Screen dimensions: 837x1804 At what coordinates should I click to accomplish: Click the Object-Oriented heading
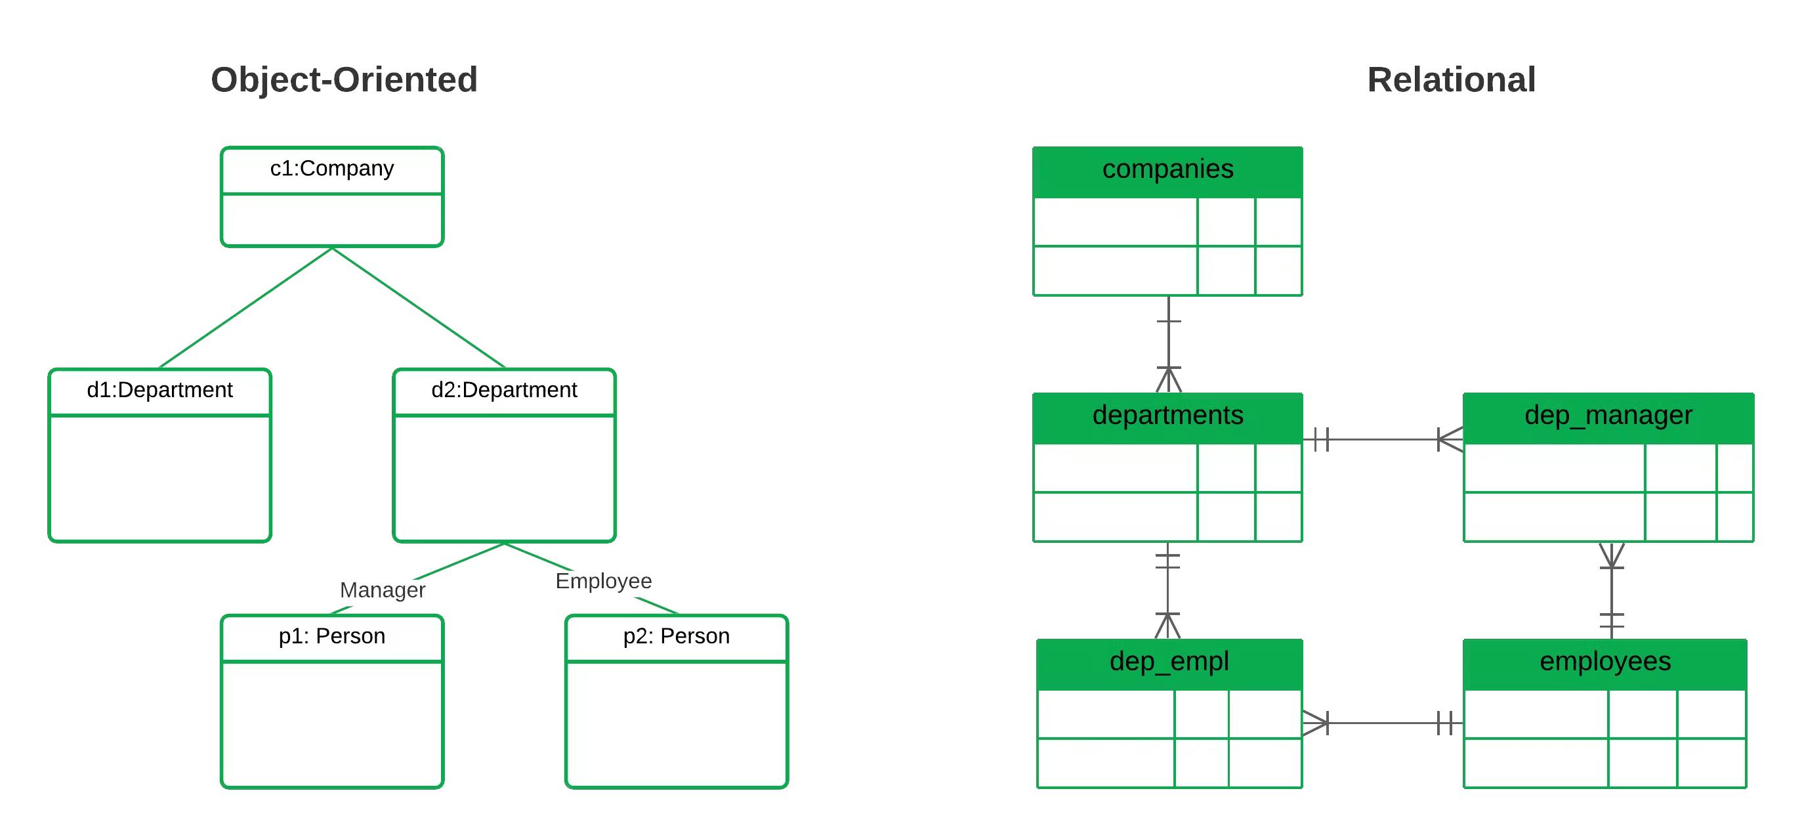pyautogui.click(x=344, y=80)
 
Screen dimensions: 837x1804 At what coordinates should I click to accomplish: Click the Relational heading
pyautogui.click(x=1451, y=80)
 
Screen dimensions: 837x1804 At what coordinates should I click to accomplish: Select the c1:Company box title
pyautogui.click(x=332, y=169)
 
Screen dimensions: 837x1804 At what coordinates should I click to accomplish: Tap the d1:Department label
pyautogui.click(x=159, y=390)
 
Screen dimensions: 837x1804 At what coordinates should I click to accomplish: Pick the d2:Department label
pyautogui.click(x=504, y=390)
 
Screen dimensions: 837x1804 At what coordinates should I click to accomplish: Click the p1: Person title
pyautogui.click(x=332, y=636)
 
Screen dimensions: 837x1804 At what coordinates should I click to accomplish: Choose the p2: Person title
pyautogui.click(x=677, y=636)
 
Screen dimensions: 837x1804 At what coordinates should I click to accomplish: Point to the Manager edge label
pyautogui.click(x=383, y=590)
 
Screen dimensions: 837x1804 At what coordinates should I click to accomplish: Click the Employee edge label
pyautogui.click(x=603, y=580)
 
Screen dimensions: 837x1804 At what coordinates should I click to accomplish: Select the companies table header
pyautogui.click(x=1167, y=170)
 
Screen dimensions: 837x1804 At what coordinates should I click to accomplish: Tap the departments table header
pyautogui.click(x=1167, y=416)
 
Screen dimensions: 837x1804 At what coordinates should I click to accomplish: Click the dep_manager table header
pyautogui.click(x=1608, y=416)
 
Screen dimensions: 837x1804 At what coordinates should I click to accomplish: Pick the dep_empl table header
pyautogui.click(x=1169, y=662)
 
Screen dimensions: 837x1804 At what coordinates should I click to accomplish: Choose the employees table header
pyautogui.click(x=1605, y=662)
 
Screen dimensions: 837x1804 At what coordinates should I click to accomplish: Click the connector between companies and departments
pyautogui.click(x=1168, y=343)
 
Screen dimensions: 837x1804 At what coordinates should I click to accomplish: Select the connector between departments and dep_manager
pyautogui.click(x=1383, y=440)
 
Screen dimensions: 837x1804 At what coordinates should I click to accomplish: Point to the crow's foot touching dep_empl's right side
pyautogui.click(x=1314, y=723)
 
